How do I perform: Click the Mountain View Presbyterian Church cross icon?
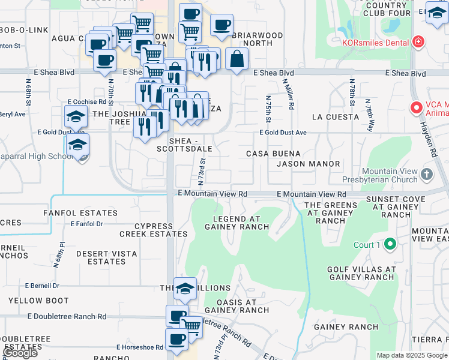426,175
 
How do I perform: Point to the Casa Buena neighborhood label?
273,154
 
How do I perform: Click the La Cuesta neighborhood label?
335,117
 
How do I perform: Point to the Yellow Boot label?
34,301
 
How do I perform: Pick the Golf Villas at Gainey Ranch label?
361,273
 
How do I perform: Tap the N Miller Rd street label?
291,94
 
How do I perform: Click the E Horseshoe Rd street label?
140,347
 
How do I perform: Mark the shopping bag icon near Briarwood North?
237,59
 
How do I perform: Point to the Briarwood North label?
257,39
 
